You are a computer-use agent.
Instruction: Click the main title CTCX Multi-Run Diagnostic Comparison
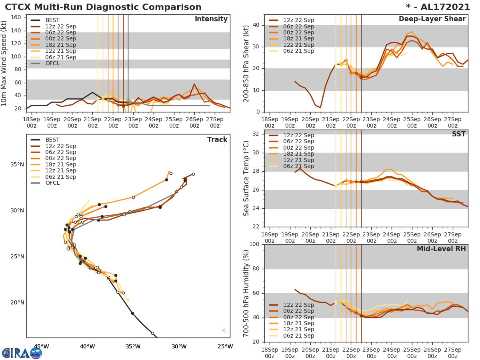click(103, 7)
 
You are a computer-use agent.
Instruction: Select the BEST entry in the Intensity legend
click(52, 20)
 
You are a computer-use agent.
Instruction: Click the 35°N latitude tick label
click(17, 165)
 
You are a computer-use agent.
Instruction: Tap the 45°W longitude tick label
click(41, 346)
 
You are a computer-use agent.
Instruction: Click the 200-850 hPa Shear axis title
click(247, 64)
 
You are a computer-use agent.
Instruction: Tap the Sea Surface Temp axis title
click(247, 178)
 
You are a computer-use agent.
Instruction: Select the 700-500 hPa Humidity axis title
click(247, 293)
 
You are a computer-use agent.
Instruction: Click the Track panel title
click(217, 140)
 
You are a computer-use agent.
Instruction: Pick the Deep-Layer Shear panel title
click(432, 19)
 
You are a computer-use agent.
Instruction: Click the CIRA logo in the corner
click(22, 353)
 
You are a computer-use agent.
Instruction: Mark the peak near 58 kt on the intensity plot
click(194, 84)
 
